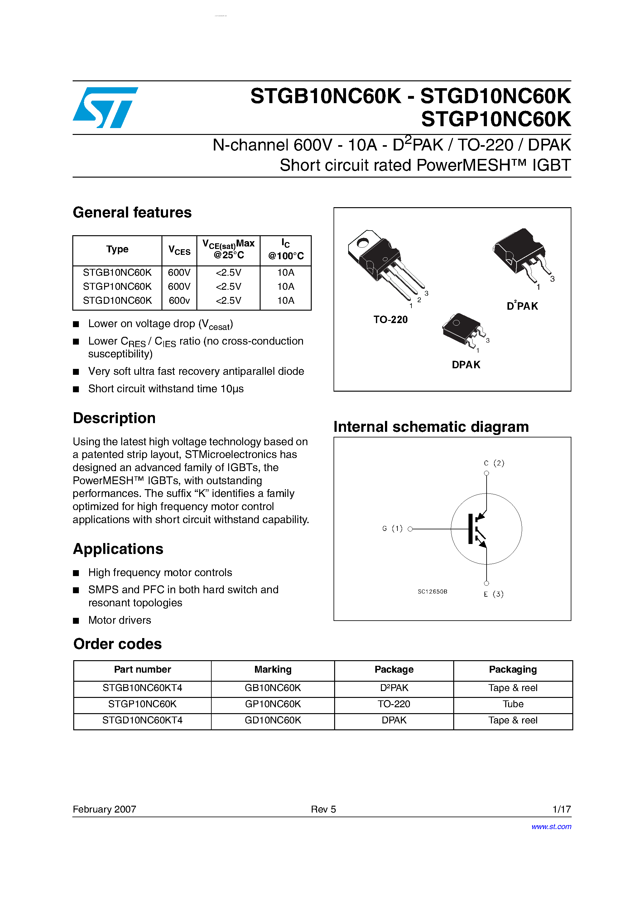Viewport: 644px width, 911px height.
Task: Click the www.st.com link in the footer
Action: (551, 827)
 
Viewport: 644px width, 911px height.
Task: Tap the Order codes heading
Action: (118, 644)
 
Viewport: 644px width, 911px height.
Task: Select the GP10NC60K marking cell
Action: (273, 704)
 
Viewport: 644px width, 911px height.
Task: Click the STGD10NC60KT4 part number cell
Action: (142, 720)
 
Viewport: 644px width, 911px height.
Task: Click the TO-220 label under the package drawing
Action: (390, 320)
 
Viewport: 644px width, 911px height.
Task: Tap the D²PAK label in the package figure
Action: (522, 306)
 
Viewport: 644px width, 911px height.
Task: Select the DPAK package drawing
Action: (463, 331)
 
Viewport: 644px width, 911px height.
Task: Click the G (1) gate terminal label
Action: (392, 528)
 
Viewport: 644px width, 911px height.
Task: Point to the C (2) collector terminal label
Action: (494, 463)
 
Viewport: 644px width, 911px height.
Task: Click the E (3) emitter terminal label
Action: (493, 594)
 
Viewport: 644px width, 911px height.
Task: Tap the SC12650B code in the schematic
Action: (432, 592)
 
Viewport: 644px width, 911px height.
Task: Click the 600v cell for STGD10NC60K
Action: (179, 301)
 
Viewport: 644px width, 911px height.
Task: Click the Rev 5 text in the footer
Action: (323, 809)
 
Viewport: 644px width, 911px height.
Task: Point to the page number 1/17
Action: (561, 809)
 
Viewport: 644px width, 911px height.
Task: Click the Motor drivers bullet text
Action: (119, 620)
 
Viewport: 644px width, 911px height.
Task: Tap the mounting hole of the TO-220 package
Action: (363, 242)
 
